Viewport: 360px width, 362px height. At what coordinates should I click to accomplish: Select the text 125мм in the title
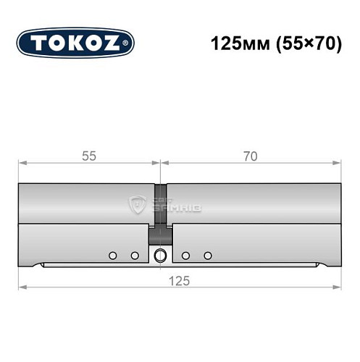233,43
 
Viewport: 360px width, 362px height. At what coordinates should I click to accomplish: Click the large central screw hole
160,255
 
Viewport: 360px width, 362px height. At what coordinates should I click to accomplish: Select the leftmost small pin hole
112,255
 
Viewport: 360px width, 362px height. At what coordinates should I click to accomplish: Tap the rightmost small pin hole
208,255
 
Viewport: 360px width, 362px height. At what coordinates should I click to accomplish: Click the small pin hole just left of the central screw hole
134,255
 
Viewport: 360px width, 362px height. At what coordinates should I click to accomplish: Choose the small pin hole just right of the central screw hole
186,255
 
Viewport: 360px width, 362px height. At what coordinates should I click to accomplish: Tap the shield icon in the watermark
137,204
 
